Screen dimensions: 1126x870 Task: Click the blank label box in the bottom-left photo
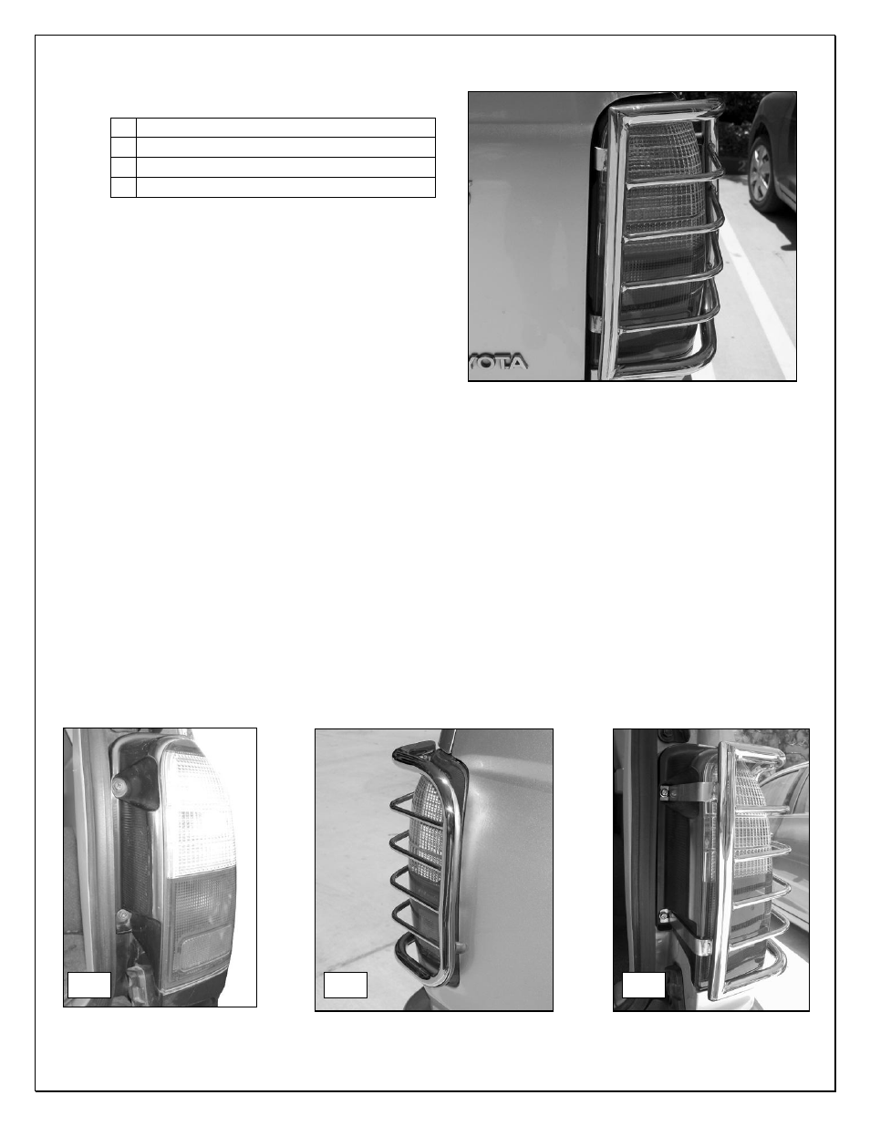click(x=89, y=985)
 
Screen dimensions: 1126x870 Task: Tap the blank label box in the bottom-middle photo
click(x=346, y=985)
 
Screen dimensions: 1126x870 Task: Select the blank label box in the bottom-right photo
click(x=643, y=986)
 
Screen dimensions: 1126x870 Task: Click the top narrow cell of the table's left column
click(x=123, y=128)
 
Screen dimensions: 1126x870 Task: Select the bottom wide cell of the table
click(x=285, y=188)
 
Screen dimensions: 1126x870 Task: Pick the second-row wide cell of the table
click(x=285, y=148)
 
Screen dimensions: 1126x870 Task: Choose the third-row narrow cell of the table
click(x=123, y=168)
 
